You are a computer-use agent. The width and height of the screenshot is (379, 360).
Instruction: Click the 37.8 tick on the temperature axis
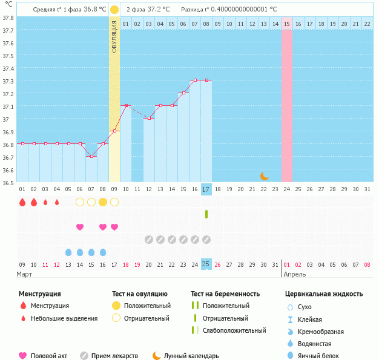(8, 18)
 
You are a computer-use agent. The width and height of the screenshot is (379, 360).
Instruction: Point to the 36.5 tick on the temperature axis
(8, 182)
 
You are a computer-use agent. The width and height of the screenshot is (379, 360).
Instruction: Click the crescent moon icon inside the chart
(264, 176)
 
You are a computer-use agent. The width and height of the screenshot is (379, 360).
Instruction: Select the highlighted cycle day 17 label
(206, 189)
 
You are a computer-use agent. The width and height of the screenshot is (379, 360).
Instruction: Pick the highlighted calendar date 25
(206, 264)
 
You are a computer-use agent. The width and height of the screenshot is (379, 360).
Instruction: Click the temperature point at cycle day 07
(91, 157)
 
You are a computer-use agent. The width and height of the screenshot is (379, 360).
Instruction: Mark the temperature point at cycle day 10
(126, 105)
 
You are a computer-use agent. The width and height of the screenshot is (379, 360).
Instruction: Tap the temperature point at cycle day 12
(149, 118)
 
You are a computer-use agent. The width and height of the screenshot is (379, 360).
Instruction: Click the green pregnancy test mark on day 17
(206, 214)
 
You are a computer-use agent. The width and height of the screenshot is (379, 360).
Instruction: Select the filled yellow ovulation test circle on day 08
(103, 202)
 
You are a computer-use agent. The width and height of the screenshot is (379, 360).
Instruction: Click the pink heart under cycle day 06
(80, 227)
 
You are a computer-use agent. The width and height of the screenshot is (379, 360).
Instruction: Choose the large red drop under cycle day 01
(22, 202)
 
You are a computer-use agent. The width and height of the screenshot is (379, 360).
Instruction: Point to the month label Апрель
(294, 274)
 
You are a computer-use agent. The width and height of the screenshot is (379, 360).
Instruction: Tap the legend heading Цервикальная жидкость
(324, 294)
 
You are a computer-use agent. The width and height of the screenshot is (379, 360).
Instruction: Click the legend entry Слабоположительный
(234, 330)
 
